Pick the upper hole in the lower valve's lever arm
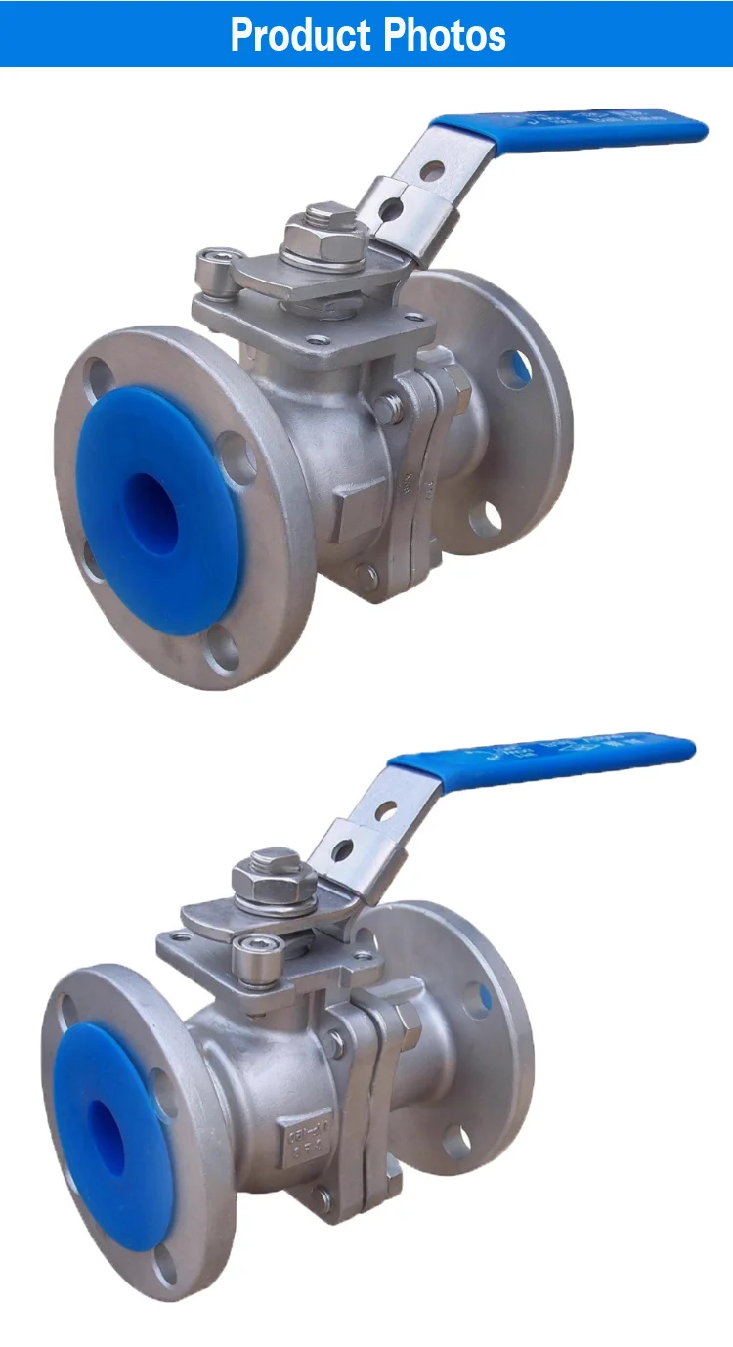click(x=385, y=810)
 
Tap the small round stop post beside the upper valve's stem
click(x=212, y=267)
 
